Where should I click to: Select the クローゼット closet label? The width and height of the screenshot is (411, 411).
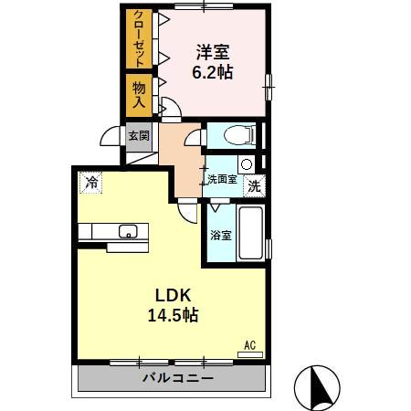coord(138,38)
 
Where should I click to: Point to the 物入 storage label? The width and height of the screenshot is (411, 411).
coord(139,96)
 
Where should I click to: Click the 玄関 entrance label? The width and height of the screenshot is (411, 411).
coord(138,136)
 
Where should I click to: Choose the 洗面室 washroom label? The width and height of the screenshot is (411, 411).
coord(222,179)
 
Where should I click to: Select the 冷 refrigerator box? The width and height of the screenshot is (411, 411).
coord(90,183)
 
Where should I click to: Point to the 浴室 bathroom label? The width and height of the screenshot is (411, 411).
coord(221,236)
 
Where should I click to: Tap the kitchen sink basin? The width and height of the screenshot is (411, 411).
coord(127,230)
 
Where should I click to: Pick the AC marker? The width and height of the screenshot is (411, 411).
coord(250,345)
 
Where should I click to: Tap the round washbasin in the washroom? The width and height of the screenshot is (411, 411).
coord(246,163)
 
